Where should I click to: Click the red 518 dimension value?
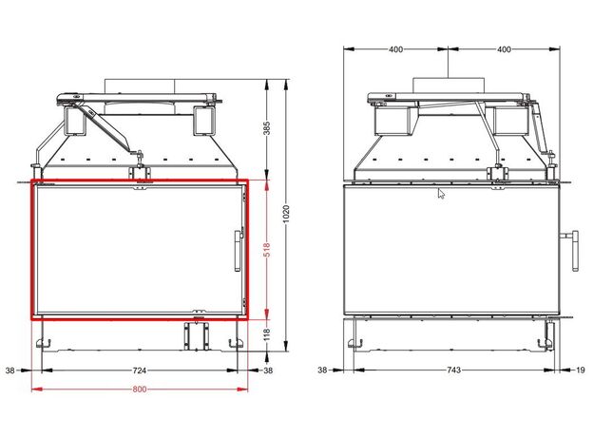pyautogui.click(x=267, y=250)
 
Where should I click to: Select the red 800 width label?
pyautogui.click(x=140, y=389)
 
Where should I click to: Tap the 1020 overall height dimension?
pyautogui.click(x=286, y=214)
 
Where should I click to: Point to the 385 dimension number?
pyautogui.click(x=267, y=128)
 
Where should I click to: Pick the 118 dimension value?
pyautogui.click(x=267, y=335)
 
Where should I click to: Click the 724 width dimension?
pyautogui.click(x=140, y=370)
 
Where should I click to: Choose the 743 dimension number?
pyautogui.click(x=454, y=370)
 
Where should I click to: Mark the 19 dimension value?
pyautogui.click(x=581, y=370)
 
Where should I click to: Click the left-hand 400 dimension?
pyautogui.click(x=395, y=49)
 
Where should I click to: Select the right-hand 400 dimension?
pyautogui.click(x=504, y=49)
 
